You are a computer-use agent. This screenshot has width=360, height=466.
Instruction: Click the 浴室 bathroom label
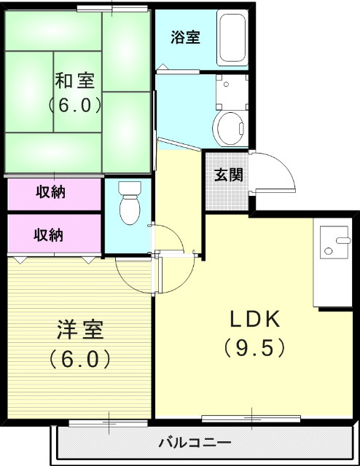pyautogui.click(x=186, y=38)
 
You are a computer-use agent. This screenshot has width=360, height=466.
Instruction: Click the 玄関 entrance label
pyautogui.click(x=228, y=175)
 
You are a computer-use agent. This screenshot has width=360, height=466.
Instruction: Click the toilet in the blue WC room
pyautogui.click(x=129, y=203)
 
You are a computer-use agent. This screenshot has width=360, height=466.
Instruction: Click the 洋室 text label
pyautogui.click(x=80, y=330)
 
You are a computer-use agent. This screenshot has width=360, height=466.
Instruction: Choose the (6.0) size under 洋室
pyautogui.click(x=80, y=358)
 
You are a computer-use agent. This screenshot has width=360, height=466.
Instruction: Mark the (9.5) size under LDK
pyautogui.click(x=254, y=348)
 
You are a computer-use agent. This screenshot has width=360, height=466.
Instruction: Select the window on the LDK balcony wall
pyautogui.click(x=251, y=419)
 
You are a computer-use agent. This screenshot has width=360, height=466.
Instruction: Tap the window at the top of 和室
pyautogui.click(x=112, y=9)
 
